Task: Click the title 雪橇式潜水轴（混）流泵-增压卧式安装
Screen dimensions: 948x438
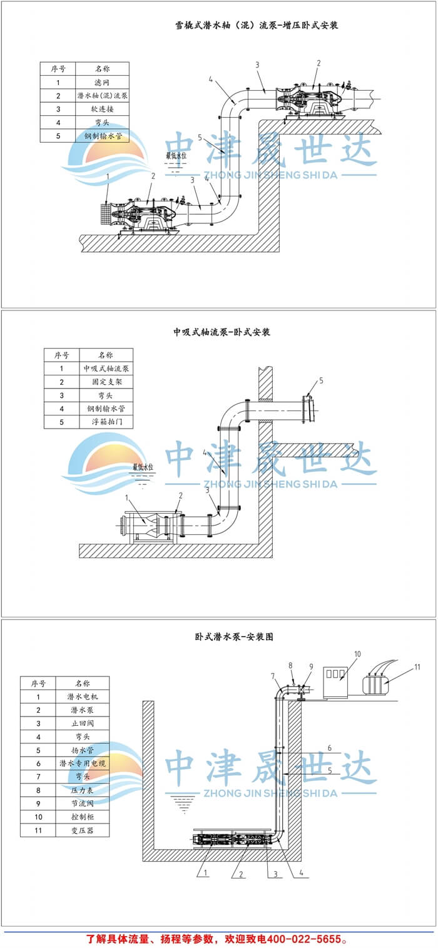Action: [257, 26]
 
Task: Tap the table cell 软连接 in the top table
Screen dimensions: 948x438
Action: [102, 109]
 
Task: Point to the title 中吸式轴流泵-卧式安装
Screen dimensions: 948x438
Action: [222, 332]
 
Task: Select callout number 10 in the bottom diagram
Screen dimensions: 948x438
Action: [357, 655]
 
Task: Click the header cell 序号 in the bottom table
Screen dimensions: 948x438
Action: [38, 683]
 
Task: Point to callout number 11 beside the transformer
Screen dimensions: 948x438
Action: [417, 668]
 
